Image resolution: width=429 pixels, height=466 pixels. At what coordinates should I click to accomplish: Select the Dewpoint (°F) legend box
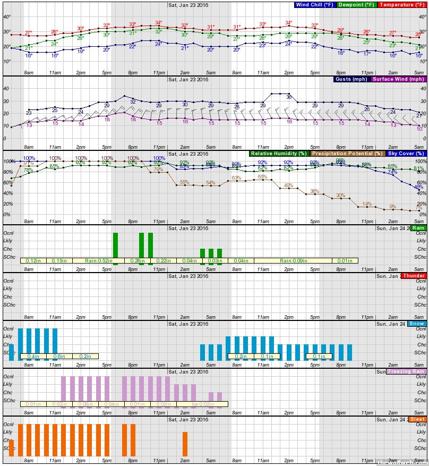pos(357,5)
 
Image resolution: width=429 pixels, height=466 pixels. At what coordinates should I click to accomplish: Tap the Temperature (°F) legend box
pos(402,5)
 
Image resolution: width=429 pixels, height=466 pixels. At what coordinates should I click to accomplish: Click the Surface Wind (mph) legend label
pos(398,79)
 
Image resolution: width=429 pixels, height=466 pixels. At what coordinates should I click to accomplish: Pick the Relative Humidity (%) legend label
pos(279,154)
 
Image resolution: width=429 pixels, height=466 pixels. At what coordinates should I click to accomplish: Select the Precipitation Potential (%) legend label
pos(347,154)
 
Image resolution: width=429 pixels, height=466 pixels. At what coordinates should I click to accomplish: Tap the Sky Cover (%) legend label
pos(406,154)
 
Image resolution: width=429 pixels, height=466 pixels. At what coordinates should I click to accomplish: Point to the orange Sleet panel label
pos(417,419)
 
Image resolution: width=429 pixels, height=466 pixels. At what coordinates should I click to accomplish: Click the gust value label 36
pos(289,97)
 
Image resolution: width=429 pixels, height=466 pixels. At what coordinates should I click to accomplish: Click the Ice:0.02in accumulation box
pos(202,404)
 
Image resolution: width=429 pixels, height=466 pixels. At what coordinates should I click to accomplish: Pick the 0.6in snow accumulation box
pos(59,357)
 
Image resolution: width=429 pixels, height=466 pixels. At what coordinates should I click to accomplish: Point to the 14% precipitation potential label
pos(366,204)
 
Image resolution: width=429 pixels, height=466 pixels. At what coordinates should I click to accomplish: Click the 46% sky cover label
pos(418,187)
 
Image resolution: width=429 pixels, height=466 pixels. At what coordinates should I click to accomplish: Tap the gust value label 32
pos(133,101)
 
